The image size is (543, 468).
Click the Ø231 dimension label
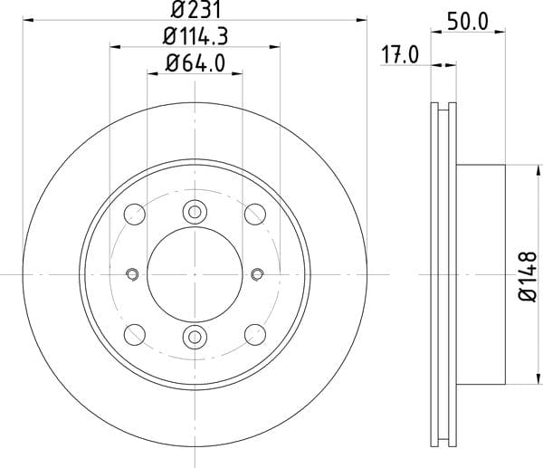195,10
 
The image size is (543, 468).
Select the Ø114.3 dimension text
195,36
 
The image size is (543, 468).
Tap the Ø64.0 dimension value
195,63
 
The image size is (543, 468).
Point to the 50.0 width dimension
468,21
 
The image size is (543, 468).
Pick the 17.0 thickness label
400,55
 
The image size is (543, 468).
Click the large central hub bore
195,274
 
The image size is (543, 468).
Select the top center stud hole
195,212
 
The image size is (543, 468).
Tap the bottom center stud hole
195,337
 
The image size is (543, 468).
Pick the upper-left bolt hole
134,215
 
